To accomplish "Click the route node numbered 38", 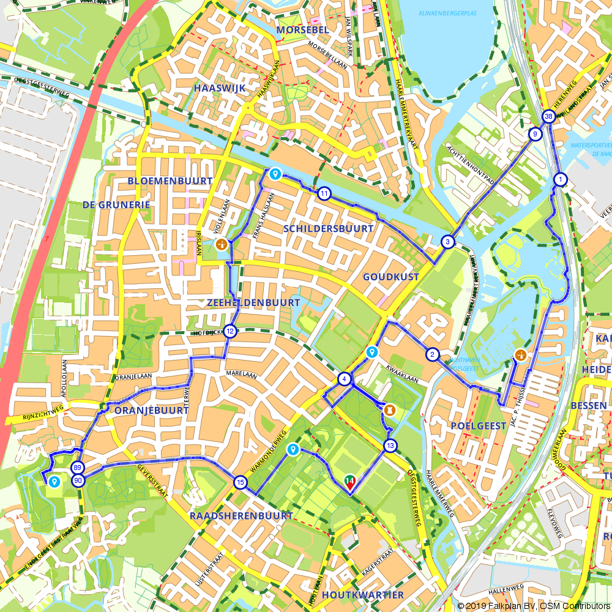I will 548,117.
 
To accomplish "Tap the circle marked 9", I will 535,134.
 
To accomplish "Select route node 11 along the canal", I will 324,194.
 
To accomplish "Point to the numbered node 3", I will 448,242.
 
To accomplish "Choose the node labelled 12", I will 229,332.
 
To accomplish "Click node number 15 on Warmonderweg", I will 240,483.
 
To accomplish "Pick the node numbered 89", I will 78,468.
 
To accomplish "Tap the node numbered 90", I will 78,481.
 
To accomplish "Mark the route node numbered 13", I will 390,446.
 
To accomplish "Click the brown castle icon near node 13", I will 387,408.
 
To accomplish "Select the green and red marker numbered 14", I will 350,482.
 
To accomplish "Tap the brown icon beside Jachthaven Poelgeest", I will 521,354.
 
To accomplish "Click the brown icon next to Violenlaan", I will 222,245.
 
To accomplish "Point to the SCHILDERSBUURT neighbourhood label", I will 328,228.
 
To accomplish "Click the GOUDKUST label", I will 391,277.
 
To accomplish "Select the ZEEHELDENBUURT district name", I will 253,303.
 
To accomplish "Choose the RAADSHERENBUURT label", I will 241,516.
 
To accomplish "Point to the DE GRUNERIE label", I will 116,204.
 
